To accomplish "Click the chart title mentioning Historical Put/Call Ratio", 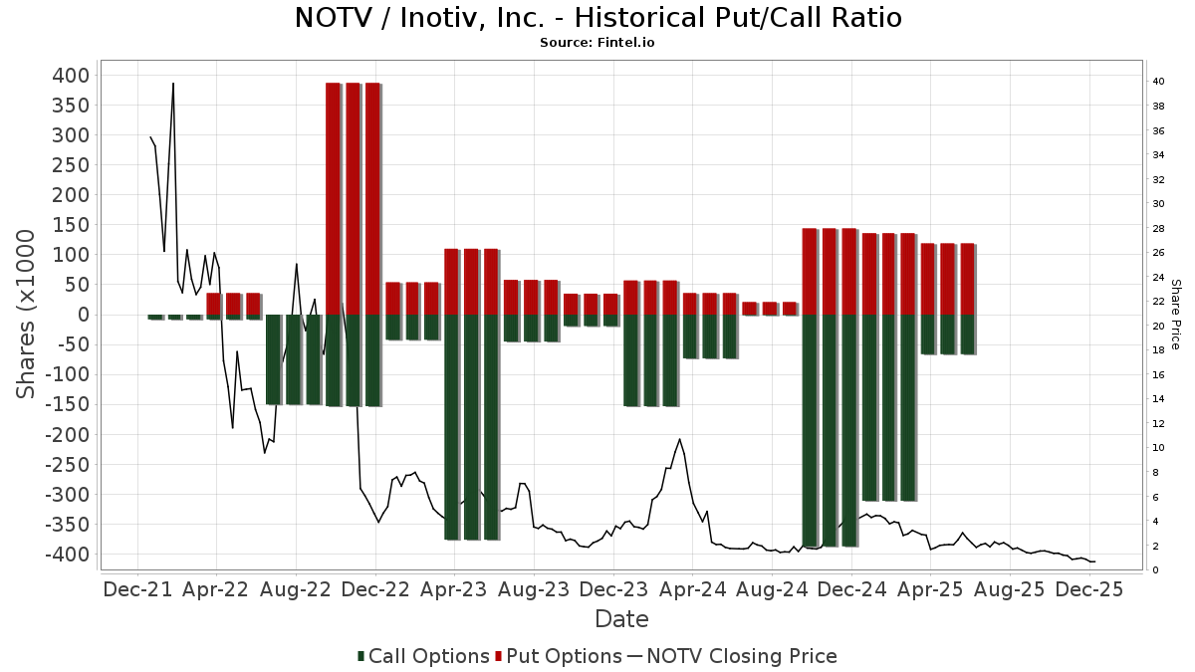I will point(597,18).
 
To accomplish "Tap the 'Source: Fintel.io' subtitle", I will point(597,43).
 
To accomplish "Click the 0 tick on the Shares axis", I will point(84,315).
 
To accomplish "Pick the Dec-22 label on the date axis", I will point(375,589).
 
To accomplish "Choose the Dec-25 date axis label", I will point(1088,589).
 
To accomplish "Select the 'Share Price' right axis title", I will point(1175,314).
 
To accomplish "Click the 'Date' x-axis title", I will point(621,619).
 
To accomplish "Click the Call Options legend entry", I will point(424,656).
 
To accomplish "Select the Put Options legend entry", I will point(559,656).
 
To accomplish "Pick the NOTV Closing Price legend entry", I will point(734,656).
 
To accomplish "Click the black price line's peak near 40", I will point(173,84).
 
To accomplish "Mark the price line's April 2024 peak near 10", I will point(680,439).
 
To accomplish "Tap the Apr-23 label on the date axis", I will point(454,589).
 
